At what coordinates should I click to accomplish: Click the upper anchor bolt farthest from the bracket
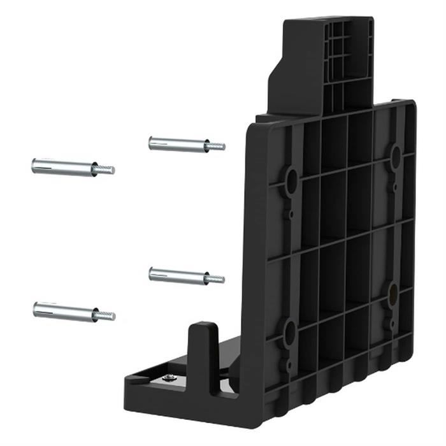coord(70,167)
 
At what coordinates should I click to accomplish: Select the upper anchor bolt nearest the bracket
coord(185,144)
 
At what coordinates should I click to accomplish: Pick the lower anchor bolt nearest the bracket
coord(185,275)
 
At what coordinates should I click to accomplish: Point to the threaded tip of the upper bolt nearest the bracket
coord(217,147)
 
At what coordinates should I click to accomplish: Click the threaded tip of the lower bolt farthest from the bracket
coord(105,315)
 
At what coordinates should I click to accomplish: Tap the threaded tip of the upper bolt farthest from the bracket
coord(105,169)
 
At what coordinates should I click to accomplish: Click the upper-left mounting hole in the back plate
coord(291,182)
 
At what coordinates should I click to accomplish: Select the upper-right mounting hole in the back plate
coord(395,155)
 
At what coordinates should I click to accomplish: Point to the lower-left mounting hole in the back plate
coord(290,333)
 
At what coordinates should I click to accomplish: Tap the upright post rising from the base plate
coord(204,357)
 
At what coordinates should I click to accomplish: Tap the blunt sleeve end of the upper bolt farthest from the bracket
coord(34,166)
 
